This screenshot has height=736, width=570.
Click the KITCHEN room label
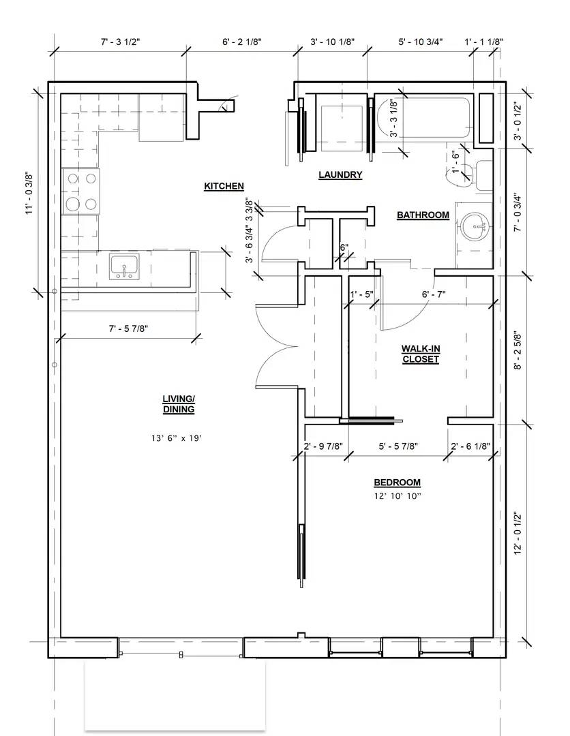tap(224, 186)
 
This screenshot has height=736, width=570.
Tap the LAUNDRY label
tap(340, 175)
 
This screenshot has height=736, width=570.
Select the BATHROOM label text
tap(423, 215)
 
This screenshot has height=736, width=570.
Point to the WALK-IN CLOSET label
tap(421, 354)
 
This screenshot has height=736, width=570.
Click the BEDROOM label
tap(397, 482)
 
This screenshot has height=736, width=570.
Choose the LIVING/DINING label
tap(179, 404)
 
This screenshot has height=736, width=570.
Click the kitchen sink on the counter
tap(124, 266)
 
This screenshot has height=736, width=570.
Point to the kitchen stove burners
tap(82, 191)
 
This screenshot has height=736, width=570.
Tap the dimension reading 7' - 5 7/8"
tap(129, 328)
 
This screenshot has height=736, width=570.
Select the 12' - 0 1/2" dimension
tap(518, 534)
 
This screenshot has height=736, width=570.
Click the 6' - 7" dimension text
tap(434, 294)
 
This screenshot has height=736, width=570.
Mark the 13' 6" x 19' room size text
tap(177, 438)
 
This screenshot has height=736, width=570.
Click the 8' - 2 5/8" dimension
tap(518, 352)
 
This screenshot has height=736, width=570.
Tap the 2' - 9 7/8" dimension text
tap(323, 446)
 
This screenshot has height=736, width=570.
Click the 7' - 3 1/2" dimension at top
tap(121, 42)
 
